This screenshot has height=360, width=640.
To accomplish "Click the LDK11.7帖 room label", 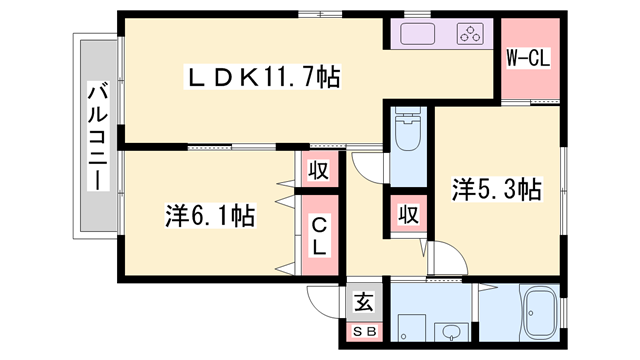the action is pos(263,76).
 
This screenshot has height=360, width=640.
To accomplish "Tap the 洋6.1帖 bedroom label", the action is pos(210,216).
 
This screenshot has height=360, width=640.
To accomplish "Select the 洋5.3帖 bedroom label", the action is pos(497,189).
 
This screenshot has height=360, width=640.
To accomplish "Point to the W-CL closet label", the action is pos(528,58).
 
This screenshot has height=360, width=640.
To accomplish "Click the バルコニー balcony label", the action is pos(98,137).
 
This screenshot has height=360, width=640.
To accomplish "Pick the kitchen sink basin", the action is pos(417,34).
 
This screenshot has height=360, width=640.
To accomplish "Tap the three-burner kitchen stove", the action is pos(471,34).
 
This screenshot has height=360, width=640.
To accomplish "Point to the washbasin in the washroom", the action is pos(451,332).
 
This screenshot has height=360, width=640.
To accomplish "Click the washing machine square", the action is pos(412,328).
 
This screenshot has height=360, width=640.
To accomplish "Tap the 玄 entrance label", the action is pos(364,302).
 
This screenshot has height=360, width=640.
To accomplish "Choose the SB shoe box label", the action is pos(364,332).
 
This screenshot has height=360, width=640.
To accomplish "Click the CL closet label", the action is pos(320,235).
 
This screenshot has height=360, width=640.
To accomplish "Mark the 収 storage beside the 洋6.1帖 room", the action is pos(318,170).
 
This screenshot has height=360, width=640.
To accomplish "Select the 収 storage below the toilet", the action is pos(408,213).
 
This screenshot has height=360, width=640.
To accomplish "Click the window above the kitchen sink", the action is pos(417,15).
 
